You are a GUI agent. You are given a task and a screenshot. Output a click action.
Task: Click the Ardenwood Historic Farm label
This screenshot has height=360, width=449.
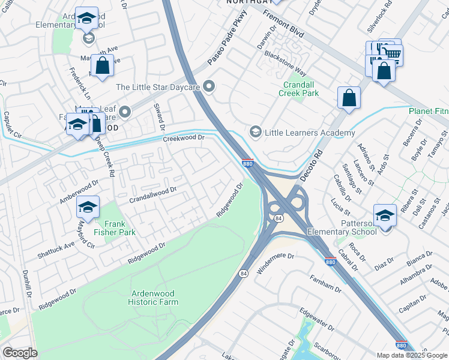pyautogui.click(x=153, y=298)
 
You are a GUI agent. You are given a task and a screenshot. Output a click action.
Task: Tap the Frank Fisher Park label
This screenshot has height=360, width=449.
pyautogui.click(x=114, y=227)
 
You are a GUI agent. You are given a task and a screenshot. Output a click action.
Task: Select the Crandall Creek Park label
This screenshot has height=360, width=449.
pyautogui.click(x=301, y=89)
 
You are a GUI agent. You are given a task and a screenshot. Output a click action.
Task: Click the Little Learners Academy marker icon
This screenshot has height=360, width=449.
pyautogui.click(x=255, y=132)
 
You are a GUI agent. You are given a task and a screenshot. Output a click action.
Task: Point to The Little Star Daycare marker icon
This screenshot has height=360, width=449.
pyautogui.click(x=209, y=87)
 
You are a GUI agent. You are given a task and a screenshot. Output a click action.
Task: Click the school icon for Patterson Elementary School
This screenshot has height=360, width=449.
pyautogui.click(x=385, y=215)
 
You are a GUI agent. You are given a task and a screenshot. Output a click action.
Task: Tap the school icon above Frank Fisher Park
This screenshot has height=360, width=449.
pyautogui.click(x=88, y=208)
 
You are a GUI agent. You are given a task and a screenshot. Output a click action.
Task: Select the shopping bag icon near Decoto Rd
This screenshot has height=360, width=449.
pyautogui.click(x=349, y=97)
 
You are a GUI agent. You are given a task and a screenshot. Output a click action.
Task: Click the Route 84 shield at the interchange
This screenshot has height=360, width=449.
pyautogui.click(x=279, y=220)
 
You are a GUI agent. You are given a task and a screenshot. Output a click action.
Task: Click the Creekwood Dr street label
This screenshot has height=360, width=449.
pyautogui.click(x=184, y=139)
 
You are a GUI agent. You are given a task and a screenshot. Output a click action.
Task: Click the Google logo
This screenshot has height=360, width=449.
pyautogui.click(x=20, y=353)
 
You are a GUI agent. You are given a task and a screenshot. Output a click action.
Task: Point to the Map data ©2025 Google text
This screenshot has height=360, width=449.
pyautogui.click(x=412, y=355)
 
